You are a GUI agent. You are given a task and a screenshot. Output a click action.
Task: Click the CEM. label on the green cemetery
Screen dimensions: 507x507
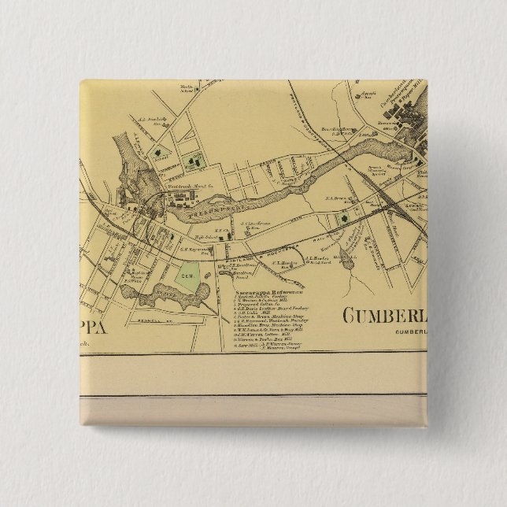click(188, 277)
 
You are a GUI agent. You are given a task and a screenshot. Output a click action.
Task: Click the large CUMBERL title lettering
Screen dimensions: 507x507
click(386, 317)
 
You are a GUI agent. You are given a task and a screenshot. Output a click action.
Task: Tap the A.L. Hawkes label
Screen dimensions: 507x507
click(316, 257)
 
